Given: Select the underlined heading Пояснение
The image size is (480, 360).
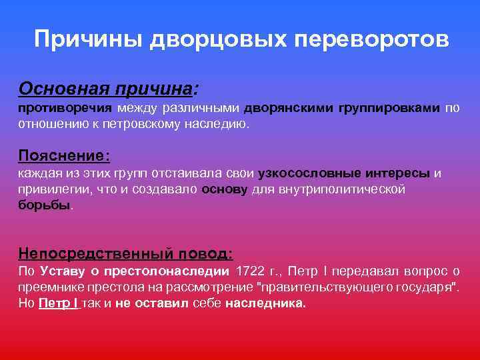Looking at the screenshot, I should coord(64,155).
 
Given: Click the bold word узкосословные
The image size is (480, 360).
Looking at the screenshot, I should coord(310,173).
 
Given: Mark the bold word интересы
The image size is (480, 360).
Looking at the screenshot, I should coord(397,173).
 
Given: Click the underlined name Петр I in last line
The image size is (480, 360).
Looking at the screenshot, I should coord(59,303).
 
